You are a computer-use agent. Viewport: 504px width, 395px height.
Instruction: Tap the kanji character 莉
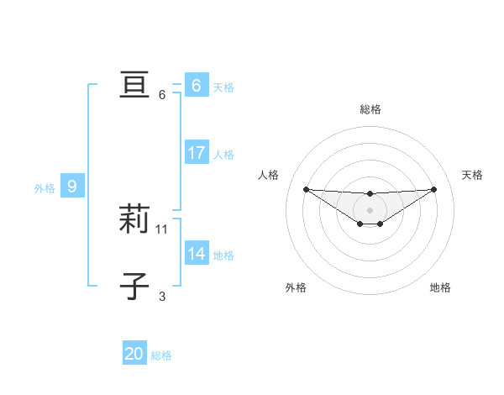click(x=134, y=219)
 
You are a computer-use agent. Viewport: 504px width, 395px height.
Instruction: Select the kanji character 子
click(x=134, y=287)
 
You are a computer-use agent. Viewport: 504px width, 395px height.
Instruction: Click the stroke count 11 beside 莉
click(x=162, y=229)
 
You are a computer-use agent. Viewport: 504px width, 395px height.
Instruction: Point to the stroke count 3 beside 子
click(x=162, y=296)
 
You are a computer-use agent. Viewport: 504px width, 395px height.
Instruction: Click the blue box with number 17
click(x=197, y=153)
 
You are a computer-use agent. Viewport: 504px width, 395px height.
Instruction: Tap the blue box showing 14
click(x=197, y=254)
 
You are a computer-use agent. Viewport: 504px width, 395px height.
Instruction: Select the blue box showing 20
click(x=134, y=354)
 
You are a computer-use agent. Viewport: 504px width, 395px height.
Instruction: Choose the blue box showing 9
click(x=72, y=187)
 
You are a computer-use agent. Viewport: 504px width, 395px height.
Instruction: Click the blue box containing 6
click(x=197, y=85)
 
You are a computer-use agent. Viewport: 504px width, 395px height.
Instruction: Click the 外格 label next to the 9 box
click(x=45, y=188)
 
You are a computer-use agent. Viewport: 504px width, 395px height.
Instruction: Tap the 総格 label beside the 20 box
click(x=161, y=355)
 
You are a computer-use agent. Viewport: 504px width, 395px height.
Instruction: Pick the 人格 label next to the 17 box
click(x=223, y=155)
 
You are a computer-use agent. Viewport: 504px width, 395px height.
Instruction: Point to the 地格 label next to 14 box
click(x=223, y=255)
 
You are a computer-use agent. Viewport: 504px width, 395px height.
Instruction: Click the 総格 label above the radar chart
click(x=370, y=109)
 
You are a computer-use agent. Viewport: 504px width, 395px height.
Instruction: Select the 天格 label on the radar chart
click(x=472, y=175)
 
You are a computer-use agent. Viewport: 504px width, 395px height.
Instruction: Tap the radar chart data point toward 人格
click(x=306, y=189)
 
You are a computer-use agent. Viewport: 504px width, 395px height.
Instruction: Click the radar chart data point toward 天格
click(x=433, y=189)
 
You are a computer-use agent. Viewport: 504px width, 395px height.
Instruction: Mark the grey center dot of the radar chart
click(x=370, y=209)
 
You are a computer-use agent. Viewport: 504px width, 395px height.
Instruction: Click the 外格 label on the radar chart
click(x=296, y=287)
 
